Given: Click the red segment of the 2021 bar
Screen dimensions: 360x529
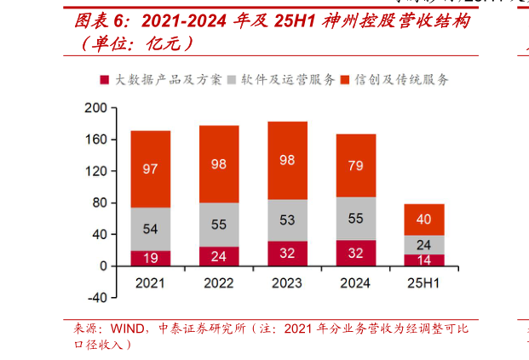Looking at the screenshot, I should [150, 258].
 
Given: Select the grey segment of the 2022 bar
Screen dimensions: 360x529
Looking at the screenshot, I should [219, 225].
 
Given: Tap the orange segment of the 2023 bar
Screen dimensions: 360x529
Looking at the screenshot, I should [287, 160].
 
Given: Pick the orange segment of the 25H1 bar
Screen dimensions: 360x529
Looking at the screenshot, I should [424, 220].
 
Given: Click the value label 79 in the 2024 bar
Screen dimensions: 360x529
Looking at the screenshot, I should [356, 165].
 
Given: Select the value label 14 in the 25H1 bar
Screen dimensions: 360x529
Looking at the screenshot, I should [424, 260].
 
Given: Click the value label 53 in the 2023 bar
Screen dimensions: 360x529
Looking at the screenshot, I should [287, 220].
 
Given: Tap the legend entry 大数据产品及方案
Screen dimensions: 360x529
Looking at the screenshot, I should [167, 80].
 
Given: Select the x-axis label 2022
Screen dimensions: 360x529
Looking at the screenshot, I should [219, 283].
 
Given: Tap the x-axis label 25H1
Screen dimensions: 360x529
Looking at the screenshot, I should [424, 283].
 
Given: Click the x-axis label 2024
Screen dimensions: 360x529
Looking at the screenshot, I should [356, 283].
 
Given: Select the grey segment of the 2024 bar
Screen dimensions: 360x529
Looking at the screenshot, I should [356, 219].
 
